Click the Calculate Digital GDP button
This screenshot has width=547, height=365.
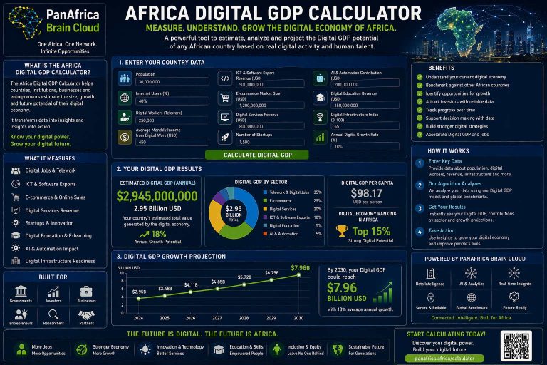tap(258, 155)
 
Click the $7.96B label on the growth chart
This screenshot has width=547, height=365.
tap(301, 267)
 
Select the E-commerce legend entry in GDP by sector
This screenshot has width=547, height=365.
tap(281, 201)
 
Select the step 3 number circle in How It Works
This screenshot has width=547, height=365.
tap(420, 208)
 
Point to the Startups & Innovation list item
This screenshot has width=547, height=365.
tap(49, 223)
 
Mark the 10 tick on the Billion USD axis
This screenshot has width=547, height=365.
tap(122, 272)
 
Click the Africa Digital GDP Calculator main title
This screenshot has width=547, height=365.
tap(273, 13)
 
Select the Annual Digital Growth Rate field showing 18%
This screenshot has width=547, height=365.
tap(356, 146)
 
